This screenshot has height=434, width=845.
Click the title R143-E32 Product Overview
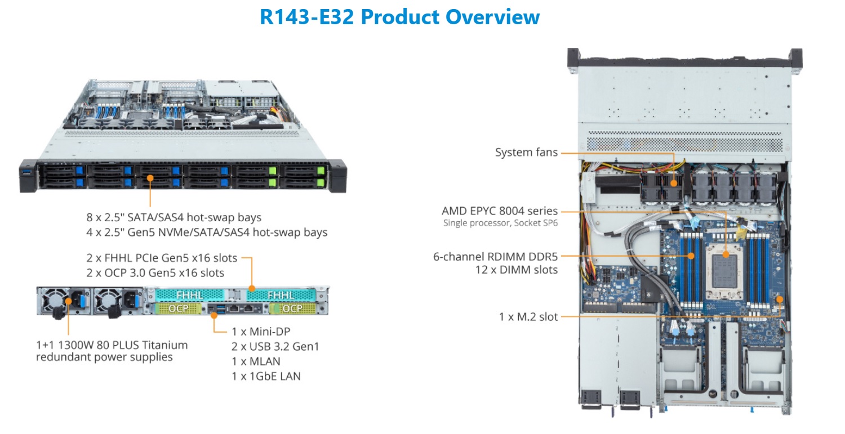[x=399, y=16]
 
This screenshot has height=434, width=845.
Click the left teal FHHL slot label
[x=190, y=295]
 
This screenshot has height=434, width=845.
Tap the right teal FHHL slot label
[x=281, y=295]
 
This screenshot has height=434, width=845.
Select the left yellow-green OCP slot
[x=178, y=308]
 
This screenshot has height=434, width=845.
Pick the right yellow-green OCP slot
[x=292, y=308]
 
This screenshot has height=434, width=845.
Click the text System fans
[x=526, y=153]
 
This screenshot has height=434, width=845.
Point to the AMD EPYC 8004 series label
[x=500, y=211]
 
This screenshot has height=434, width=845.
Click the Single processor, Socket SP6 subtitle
[x=500, y=223]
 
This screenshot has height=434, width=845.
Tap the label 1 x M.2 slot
[x=528, y=317]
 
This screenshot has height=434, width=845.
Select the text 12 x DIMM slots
[x=517, y=270]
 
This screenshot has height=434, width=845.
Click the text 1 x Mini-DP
[x=261, y=332]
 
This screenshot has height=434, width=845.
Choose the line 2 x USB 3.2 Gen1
[x=275, y=346]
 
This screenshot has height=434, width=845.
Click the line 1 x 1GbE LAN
[x=266, y=376]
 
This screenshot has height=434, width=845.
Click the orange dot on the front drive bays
[x=150, y=178]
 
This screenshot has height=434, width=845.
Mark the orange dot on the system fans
[x=674, y=184]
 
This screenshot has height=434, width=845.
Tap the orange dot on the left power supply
[x=68, y=301]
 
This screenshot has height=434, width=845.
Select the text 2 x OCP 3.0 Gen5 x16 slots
[x=155, y=272]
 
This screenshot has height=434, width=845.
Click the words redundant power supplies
[x=104, y=357]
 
